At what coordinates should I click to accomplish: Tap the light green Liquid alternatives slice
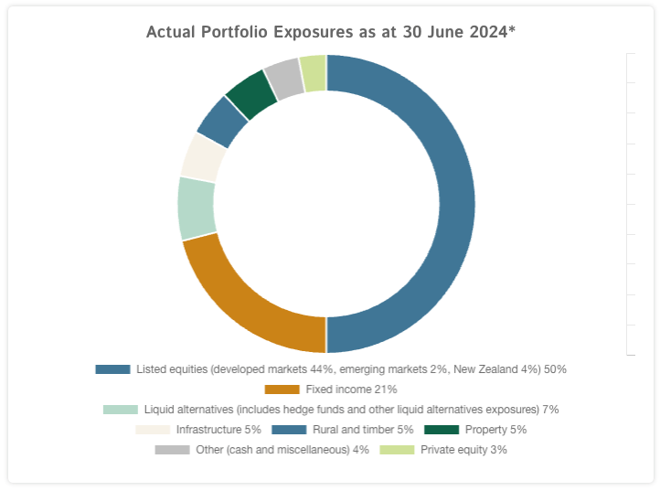click(x=197, y=208)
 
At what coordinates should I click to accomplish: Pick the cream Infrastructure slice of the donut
click(x=202, y=157)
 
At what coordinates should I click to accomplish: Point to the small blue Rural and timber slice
click(x=222, y=121)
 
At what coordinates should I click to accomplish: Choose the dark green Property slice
click(x=252, y=92)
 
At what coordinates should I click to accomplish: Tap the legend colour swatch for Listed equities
click(x=112, y=369)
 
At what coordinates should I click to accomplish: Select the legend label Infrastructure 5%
click(x=218, y=430)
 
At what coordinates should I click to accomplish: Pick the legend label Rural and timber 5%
click(x=364, y=430)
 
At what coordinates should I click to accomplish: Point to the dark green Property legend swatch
click(x=442, y=430)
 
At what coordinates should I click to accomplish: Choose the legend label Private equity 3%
click(x=463, y=450)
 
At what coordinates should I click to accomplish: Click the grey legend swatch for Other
click(x=173, y=450)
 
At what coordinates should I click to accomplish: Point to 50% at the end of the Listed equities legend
click(x=555, y=369)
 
